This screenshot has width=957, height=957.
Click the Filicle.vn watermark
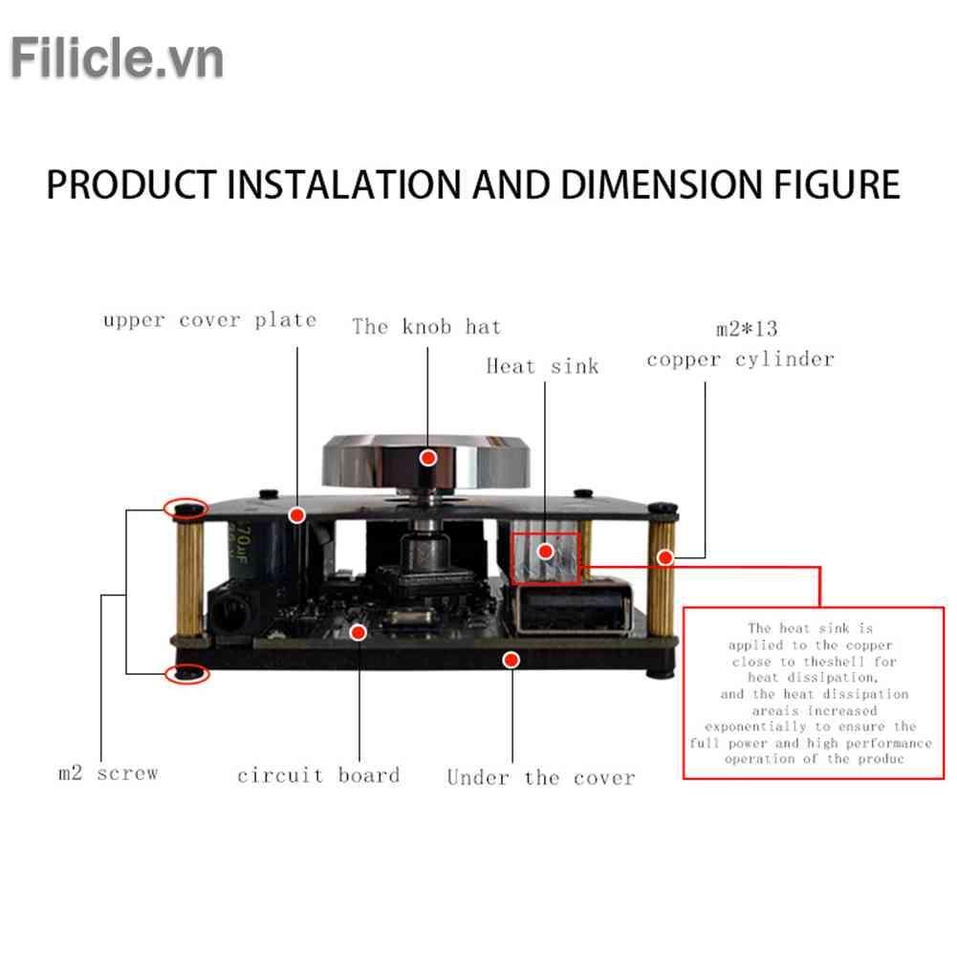117,58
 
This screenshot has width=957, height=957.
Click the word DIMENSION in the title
637,184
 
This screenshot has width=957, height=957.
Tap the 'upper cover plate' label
209,320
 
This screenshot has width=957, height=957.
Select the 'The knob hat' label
426,327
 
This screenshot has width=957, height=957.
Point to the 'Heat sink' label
542,366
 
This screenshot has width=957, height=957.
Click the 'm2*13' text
747,330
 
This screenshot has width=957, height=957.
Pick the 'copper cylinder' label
740,360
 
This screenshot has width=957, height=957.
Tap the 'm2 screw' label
107,772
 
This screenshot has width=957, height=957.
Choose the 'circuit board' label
318,774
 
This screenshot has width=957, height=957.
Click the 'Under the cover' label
541,777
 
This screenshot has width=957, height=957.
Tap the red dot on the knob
429,458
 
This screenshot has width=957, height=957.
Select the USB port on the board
572,612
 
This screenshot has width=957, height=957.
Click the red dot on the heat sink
545,551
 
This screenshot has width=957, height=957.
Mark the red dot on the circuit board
359,631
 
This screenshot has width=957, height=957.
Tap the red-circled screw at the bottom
187,675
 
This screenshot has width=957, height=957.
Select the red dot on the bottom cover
512,659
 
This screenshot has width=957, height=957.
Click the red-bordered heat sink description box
814,692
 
